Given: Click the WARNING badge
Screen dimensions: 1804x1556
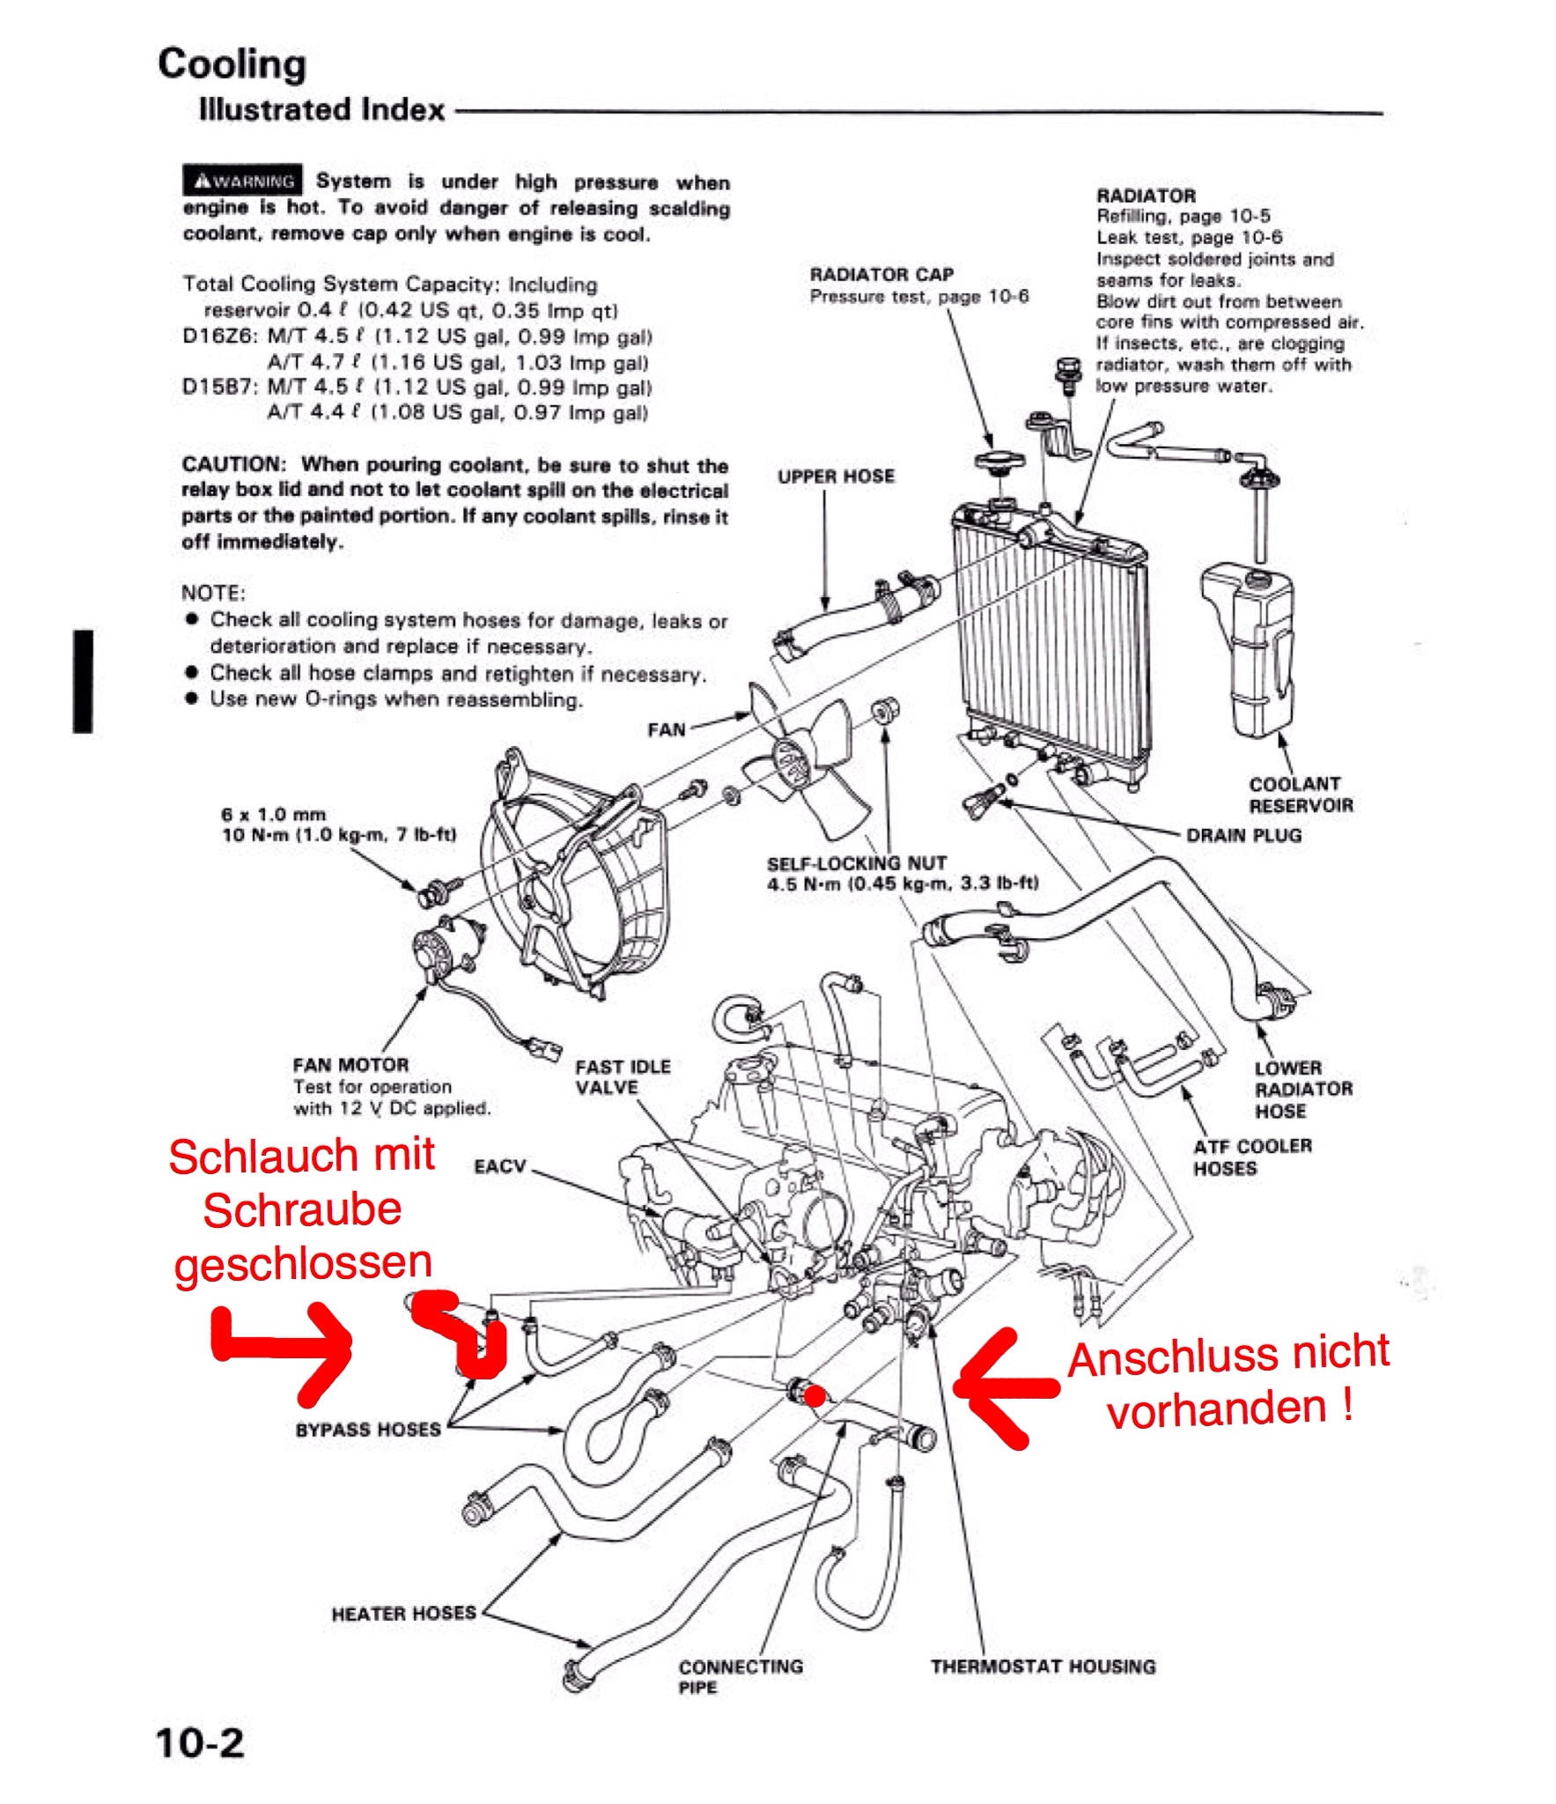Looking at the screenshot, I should click(243, 181).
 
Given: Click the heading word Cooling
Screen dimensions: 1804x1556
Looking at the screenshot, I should click(232, 64).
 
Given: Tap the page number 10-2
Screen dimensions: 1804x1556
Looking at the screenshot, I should click(199, 1742).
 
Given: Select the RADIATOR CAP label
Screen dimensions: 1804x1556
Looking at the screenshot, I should click(881, 274).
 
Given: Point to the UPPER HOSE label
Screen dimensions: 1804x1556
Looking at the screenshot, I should click(836, 477).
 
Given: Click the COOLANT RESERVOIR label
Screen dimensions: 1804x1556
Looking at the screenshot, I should click(1301, 795).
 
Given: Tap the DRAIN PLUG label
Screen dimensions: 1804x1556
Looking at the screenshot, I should click(1243, 835).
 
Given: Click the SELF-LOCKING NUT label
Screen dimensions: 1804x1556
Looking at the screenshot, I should click(857, 863).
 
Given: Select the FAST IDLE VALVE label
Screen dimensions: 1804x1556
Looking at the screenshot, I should click(623, 1076).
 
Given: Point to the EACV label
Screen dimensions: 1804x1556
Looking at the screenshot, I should click(499, 1166).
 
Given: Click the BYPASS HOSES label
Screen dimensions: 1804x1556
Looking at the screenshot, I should click(368, 1429).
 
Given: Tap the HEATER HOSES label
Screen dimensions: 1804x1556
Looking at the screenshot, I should click(403, 1614).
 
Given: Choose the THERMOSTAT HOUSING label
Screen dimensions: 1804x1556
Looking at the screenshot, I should click(1043, 1667).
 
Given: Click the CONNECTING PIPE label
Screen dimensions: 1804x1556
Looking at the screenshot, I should click(740, 1676).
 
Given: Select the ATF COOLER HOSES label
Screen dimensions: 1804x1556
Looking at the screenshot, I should click(1252, 1157).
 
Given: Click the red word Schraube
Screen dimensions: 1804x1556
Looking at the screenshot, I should click(302, 1210).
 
